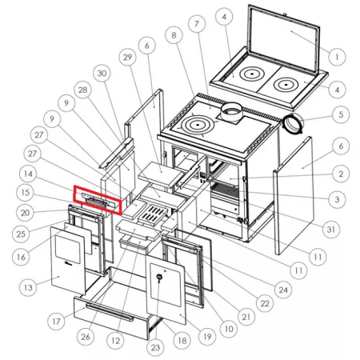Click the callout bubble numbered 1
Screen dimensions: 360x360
(338, 57)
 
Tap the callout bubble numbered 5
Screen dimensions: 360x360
(341, 114)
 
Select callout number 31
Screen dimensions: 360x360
(330, 229)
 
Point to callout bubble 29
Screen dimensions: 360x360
(128, 57)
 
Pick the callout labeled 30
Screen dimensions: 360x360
(102, 74)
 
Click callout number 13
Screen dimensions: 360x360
(28, 288)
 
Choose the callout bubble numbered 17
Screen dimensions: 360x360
(56, 321)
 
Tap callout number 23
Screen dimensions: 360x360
(155, 347)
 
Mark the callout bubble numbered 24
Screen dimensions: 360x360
(283, 290)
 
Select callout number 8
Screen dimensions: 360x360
(174, 35)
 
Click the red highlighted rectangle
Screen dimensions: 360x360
(98, 200)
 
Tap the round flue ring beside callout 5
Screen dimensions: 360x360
(293, 123)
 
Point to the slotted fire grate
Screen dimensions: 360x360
(153, 215)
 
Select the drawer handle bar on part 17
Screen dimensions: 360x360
(110, 311)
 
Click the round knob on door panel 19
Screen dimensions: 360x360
(159, 278)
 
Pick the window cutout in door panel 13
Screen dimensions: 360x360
(68, 250)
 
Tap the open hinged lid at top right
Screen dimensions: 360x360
(284, 38)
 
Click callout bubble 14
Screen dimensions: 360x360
(28, 174)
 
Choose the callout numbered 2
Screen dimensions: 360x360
(341, 174)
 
